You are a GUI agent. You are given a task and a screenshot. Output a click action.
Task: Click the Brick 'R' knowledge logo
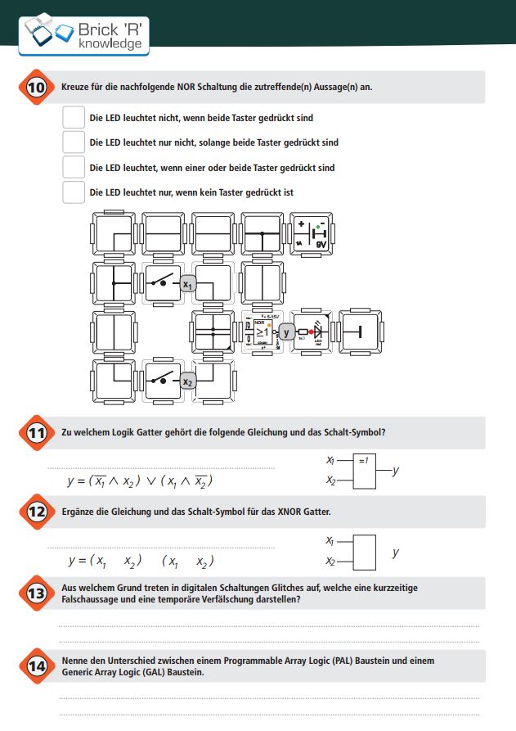pyautogui.click(x=86, y=33)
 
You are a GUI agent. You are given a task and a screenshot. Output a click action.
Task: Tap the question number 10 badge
pyautogui.click(x=36, y=87)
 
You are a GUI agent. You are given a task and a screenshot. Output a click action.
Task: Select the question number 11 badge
pyautogui.click(x=36, y=433)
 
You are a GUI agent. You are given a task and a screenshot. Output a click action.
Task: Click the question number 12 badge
pyautogui.click(x=36, y=512)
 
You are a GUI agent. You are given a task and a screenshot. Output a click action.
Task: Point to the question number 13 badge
pyautogui.click(x=36, y=593)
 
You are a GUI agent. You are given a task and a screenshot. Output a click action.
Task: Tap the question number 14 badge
pyautogui.click(x=36, y=666)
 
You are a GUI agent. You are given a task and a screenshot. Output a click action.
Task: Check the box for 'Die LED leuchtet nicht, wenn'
pyautogui.click(x=74, y=117)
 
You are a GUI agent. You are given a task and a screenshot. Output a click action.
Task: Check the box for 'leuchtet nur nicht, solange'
pyautogui.click(x=74, y=142)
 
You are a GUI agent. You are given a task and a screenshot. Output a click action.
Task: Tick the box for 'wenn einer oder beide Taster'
pyautogui.click(x=74, y=168)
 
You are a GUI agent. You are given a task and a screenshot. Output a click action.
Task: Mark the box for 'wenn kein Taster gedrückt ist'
pyautogui.click(x=74, y=192)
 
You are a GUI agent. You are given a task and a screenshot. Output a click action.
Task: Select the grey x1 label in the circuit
pyautogui.click(x=188, y=285)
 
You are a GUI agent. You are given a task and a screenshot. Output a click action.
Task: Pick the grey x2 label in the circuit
pyautogui.click(x=187, y=381)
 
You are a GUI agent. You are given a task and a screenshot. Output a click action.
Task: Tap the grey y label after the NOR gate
pyautogui.click(x=286, y=332)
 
